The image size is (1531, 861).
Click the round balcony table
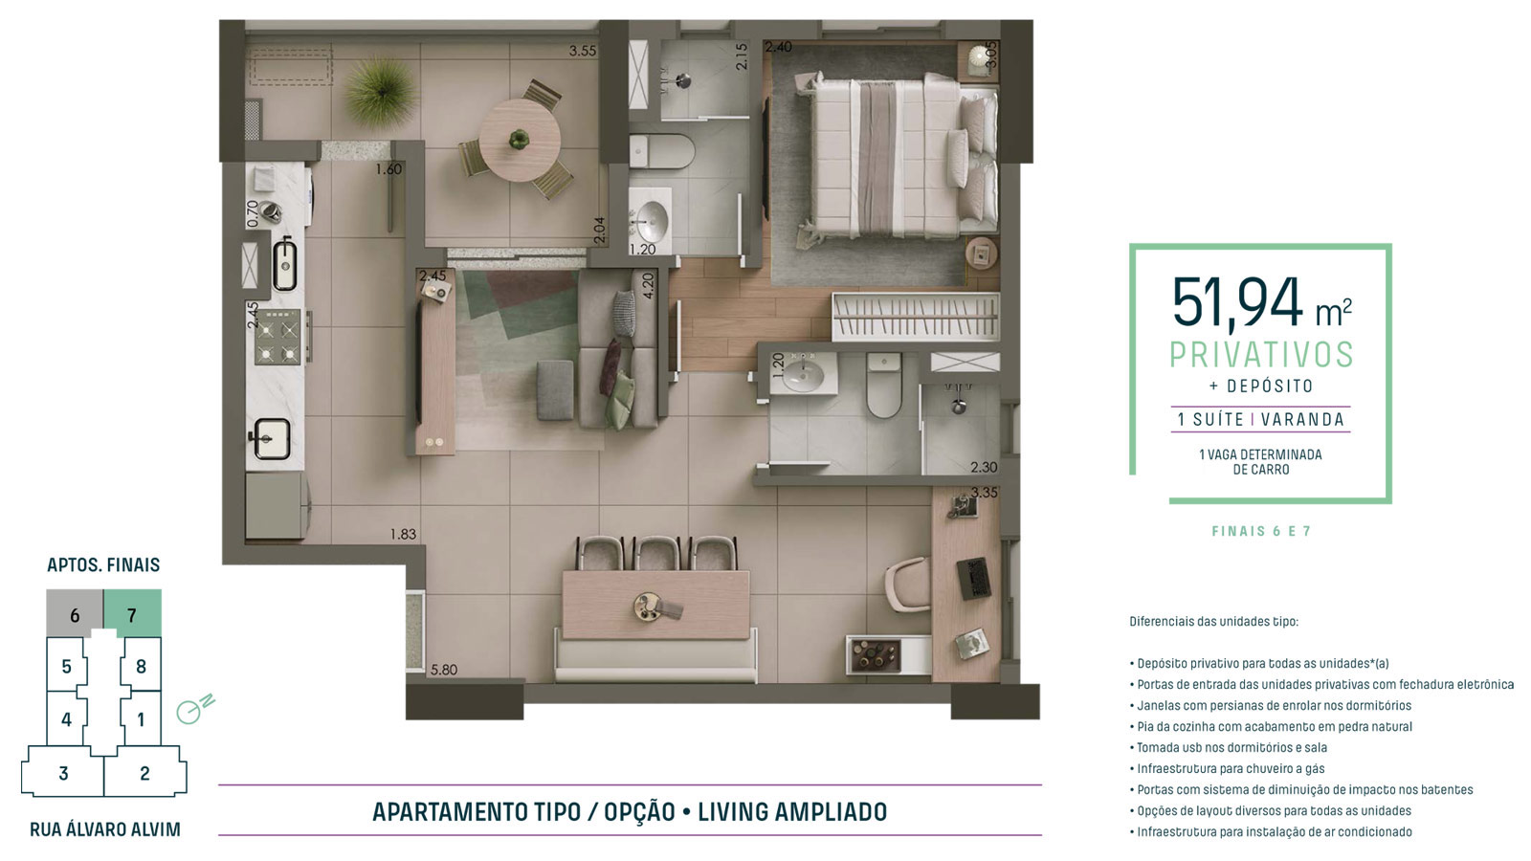coord(520,141)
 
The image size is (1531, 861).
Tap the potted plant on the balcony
coord(380,92)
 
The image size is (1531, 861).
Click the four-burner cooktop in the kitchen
coord(277,336)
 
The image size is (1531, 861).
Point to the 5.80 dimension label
coord(444,670)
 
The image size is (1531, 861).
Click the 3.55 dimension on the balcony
coord(583,51)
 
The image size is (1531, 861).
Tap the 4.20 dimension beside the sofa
coord(648,286)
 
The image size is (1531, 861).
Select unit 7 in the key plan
coord(133,613)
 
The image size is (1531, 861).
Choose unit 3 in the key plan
coord(63,773)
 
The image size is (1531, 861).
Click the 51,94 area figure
coord(1237,302)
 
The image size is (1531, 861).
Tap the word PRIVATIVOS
coord(1261,355)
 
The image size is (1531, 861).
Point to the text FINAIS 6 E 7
coord(1261,531)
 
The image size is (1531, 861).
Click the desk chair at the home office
coord(908,585)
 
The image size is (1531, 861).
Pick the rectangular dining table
coord(656,606)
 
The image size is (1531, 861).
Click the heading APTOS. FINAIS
coord(103,564)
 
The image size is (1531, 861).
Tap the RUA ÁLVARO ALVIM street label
coord(104,829)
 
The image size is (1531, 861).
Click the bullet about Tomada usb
coord(1229,747)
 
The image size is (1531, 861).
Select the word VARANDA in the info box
coord(1302,420)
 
